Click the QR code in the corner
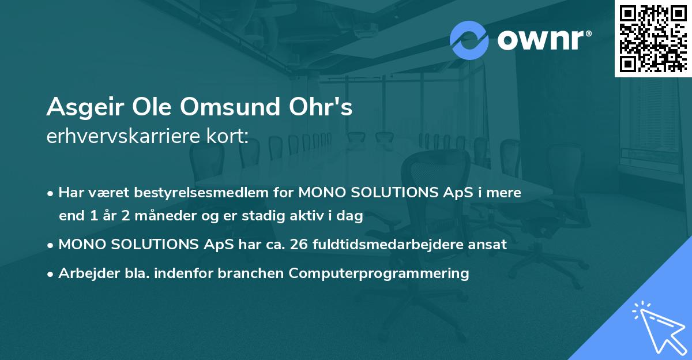653,38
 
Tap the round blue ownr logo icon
469,40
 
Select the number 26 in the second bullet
300,244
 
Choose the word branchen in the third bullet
250,273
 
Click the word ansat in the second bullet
490,244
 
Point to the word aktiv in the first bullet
313,216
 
